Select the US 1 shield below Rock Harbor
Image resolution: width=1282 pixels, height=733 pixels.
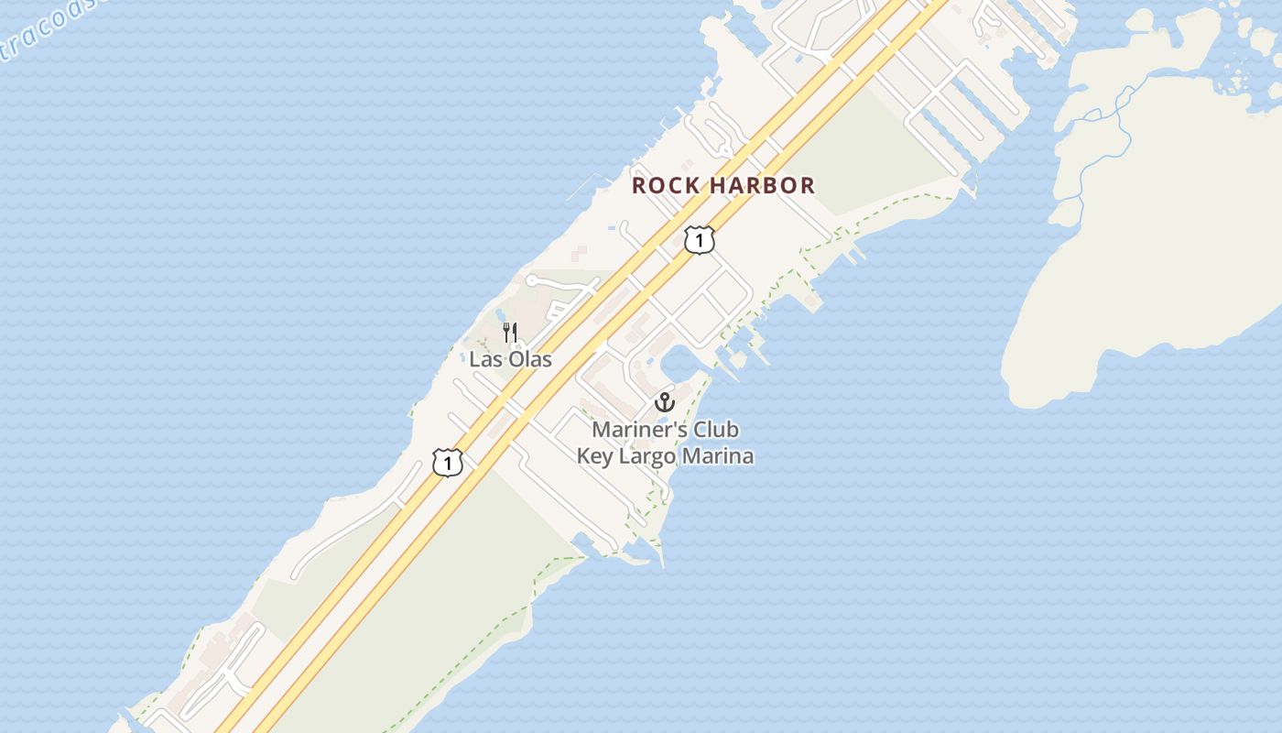699,240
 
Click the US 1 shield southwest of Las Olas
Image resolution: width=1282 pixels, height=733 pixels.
447,463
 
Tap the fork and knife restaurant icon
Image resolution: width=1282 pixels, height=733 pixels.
511,332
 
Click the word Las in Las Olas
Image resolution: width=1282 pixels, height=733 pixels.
486,359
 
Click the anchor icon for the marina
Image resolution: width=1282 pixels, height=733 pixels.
665,402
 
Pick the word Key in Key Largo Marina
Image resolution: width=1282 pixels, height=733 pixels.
595,455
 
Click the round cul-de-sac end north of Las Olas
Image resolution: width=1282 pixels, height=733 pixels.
530,280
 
